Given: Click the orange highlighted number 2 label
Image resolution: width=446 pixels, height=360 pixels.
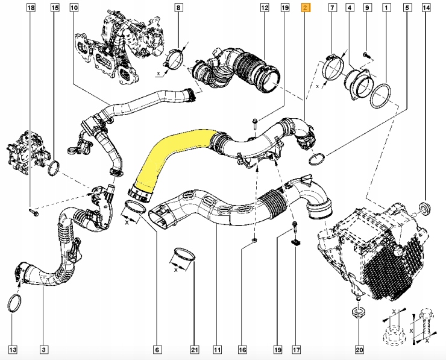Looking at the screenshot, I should pos(306,8).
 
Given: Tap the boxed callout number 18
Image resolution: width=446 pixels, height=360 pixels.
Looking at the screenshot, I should pos(31,8).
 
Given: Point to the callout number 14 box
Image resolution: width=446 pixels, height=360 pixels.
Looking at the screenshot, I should pos(427,8).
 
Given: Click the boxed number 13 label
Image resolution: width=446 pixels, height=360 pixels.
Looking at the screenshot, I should pos(13,349).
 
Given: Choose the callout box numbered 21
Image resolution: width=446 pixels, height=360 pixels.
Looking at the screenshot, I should pos(194,349).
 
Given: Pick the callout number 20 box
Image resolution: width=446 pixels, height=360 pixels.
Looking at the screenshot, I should pos(359,349).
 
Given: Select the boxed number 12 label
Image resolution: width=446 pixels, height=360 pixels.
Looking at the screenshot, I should pos(264,8).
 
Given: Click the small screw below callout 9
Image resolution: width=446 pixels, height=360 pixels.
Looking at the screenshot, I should pos(366,55).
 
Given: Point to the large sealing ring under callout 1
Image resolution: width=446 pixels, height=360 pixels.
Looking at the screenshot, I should pos(381,96).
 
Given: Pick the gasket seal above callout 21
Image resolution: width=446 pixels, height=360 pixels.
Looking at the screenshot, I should pos(183,256).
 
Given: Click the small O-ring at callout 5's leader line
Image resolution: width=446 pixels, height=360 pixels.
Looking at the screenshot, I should pos(317,160).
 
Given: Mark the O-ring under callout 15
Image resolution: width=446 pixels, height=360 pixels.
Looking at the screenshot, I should pos(54,168).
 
